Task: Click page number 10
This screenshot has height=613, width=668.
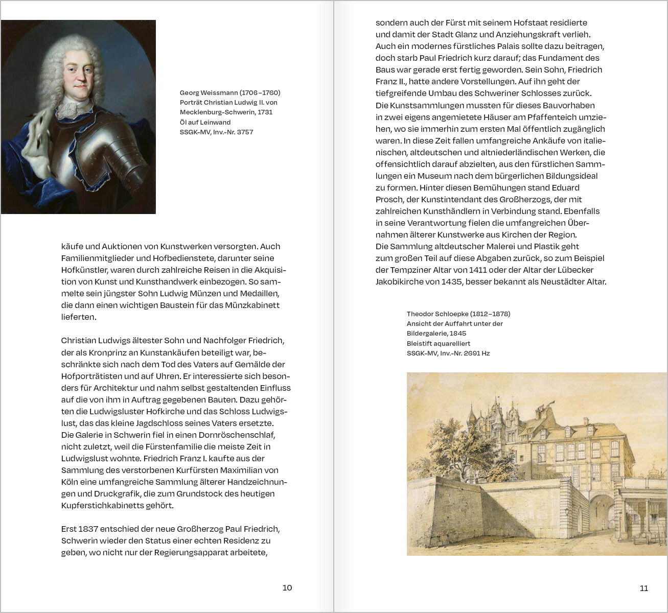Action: click(x=287, y=587)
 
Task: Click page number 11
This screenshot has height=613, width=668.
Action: click(x=644, y=588)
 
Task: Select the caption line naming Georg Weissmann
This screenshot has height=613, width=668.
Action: click(x=230, y=92)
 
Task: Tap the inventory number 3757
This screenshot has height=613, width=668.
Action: click(x=245, y=132)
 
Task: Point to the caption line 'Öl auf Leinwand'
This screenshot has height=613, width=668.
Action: click(x=205, y=122)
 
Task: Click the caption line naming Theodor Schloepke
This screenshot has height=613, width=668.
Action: click(x=458, y=314)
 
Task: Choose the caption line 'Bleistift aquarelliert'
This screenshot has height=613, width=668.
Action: click(x=439, y=343)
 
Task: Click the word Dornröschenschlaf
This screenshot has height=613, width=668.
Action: click(x=242, y=435)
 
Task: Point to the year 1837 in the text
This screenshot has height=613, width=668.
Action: click(x=89, y=529)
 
